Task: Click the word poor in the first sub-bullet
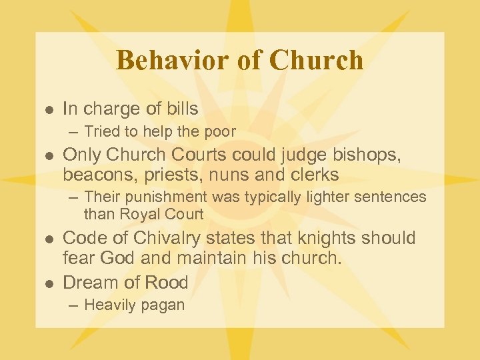coord(220,132)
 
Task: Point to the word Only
coord(80,156)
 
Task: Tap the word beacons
coord(97,175)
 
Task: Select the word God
coord(119,258)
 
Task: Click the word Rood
coord(167,283)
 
